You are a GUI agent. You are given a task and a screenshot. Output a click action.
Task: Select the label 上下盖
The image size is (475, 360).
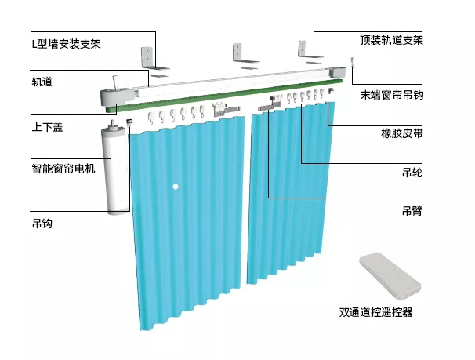[46, 125]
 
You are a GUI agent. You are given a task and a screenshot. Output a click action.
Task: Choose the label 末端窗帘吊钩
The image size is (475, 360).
[391, 95]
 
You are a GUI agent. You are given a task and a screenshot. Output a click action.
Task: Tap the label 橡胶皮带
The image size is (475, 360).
[403, 134]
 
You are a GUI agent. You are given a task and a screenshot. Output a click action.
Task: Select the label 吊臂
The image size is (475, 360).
[412, 210]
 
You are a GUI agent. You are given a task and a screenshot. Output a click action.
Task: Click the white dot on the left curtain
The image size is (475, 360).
[177, 186]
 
